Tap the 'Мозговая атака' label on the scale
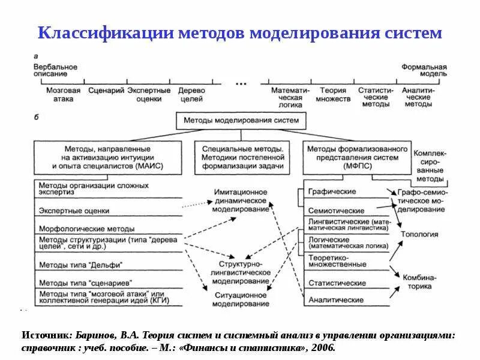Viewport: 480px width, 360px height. point(59,94)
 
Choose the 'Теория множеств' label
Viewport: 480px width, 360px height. point(333,94)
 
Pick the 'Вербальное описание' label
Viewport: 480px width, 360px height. point(55,69)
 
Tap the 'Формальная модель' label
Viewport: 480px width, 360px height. point(424,69)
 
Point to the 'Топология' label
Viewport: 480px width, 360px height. point(420,235)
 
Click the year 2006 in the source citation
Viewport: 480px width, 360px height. point(323,347)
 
